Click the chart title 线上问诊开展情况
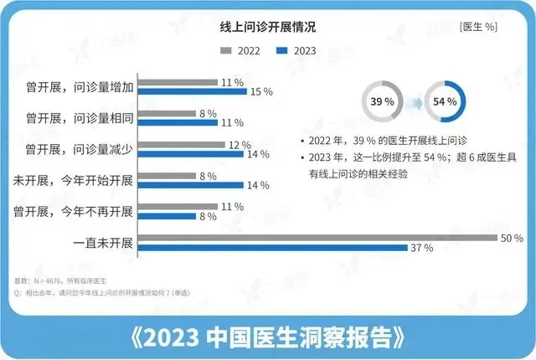coord(268,27)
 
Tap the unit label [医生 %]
coord(478,27)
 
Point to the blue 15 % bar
coord(192,91)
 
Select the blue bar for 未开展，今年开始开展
coord(188,185)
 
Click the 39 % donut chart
coord(378,101)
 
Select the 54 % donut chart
coord(444,101)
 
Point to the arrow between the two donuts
coord(411,101)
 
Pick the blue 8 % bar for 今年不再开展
coord(167,216)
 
